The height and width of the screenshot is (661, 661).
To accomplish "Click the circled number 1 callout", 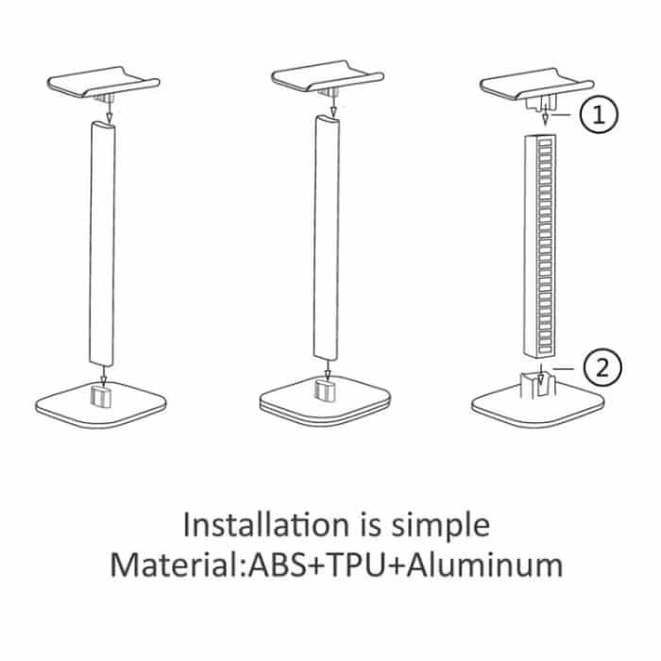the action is pyautogui.click(x=599, y=114).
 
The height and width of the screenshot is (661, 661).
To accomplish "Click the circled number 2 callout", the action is pyautogui.click(x=602, y=367).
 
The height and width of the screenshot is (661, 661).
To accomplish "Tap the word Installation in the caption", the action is pyautogui.click(x=266, y=525).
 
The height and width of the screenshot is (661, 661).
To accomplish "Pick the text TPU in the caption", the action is pyautogui.click(x=356, y=565).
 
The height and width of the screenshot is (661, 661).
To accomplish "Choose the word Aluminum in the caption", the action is pyautogui.click(x=484, y=565).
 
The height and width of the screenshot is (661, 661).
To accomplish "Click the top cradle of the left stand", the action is pyautogui.click(x=103, y=82).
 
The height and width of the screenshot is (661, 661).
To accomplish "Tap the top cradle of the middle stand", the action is pyautogui.click(x=328, y=76).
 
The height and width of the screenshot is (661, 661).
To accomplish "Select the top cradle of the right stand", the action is pyautogui.click(x=537, y=85).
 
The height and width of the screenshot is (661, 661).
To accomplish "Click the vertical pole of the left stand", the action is pyautogui.click(x=102, y=244).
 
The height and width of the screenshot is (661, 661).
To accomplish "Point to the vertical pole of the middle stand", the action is pyautogui.click(x=327, y=238).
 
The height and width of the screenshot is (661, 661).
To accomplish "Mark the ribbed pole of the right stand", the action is pyautogui.click(x=540, y=246).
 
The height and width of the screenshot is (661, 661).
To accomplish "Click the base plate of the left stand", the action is pyautogui.click(x=101, y=404).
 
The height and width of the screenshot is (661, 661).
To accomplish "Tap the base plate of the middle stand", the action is pyautogui.click(x=325, y=400).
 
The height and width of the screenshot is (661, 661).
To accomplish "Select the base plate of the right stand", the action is pyautogui.click(x=538, y=405).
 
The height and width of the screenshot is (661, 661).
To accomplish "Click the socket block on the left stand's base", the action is pyautogui.click(x=101, y=396).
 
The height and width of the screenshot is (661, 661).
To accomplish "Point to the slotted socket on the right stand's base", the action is pyautogui.click(x=537, y=384).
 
